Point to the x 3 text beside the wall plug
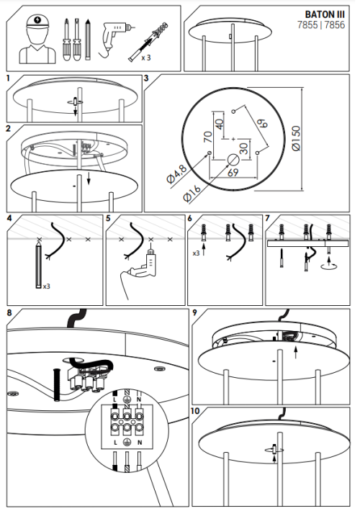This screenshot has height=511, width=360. tap(146, 56)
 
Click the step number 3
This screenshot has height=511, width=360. tap(146, 78)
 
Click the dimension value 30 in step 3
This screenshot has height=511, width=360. tap(244, 148)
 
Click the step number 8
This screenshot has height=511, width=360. tap(9, 313)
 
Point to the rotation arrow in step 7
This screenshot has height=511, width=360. tap(327, 266)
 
